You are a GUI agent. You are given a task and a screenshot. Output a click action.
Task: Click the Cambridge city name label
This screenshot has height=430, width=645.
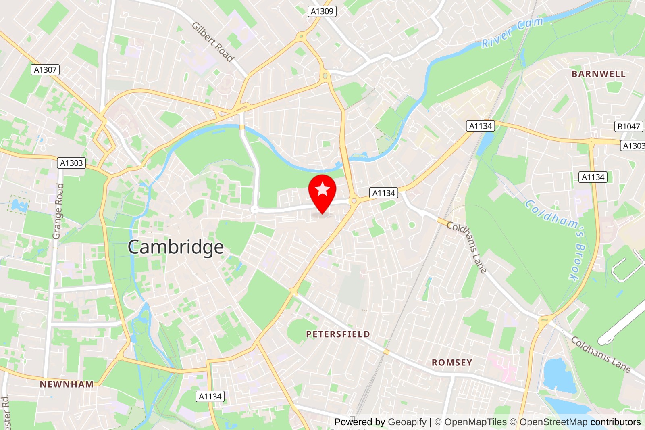[x=176, y=247]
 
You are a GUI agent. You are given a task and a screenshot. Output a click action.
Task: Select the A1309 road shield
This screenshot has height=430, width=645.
[x=322, y=11]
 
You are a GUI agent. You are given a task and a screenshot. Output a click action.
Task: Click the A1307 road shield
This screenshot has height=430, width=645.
[x=45, y=70]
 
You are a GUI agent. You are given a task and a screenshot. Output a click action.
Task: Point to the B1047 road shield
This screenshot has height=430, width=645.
[x=628, y=126]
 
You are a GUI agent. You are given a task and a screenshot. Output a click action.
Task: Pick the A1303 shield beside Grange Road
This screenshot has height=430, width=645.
[x=71, y=163]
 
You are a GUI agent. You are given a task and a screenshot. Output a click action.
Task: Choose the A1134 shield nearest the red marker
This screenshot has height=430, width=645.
[x=383, y=193]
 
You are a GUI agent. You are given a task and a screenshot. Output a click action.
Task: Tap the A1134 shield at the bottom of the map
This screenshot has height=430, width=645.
[x=210, y=397]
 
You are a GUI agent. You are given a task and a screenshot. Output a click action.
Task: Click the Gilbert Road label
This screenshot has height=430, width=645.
[x=213, y=42]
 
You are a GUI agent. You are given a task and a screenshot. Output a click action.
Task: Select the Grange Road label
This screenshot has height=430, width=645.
[x=59, y=211]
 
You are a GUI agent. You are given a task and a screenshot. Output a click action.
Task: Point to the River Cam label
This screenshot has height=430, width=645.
[x=512, y=32]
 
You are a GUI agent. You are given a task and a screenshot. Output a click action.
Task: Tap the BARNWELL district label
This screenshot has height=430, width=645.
[x=599, y=74]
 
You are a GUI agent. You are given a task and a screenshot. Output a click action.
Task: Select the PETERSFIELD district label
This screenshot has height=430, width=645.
[x=338, y=334]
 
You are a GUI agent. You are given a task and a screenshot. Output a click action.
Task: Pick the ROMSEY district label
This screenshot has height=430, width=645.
[x=452, y=362]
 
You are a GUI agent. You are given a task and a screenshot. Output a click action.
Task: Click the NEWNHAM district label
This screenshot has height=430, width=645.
[x=67, y=384]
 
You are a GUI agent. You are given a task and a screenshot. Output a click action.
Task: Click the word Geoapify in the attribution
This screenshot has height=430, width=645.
[x=407, y=422]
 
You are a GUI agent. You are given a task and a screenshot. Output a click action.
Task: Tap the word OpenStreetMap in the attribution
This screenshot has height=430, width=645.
[x=553, y=422]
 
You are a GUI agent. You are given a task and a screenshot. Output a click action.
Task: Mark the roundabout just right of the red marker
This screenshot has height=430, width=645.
[x=354, y=200]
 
